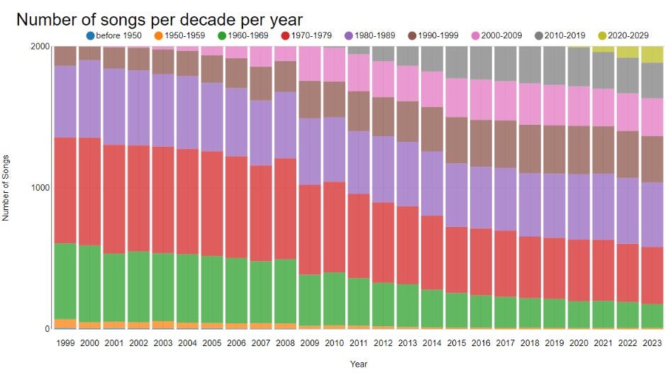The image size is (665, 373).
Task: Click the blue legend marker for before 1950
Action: coord(89,35)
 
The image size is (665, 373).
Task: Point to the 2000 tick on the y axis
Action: coord(40,47)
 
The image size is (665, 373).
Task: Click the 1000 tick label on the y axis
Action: coord(40,188)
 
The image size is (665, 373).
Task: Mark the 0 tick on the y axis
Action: coord(47,329)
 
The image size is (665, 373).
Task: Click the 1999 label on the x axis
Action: coord(65,343)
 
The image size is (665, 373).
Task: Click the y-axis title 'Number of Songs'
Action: coord(6,188)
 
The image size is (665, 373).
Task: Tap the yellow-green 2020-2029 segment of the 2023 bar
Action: coord(652,55)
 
